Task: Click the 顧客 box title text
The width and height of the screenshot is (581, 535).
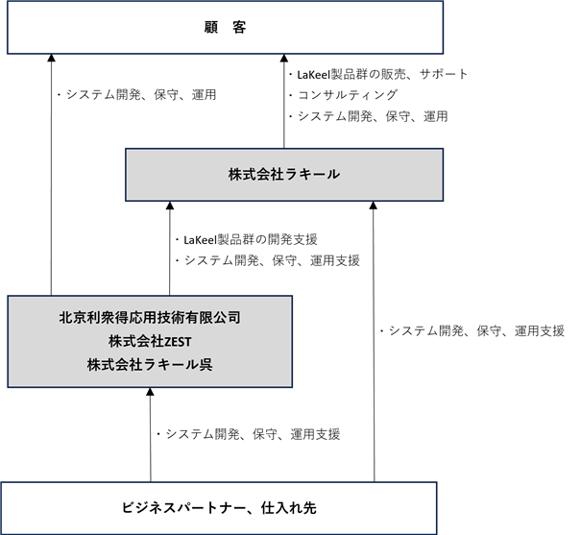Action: [x=225, y=27]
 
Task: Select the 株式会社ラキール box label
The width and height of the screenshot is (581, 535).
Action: [x=284, y=174]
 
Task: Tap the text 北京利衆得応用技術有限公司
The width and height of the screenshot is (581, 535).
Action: [x=150, y=317]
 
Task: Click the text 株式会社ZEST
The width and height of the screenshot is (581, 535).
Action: [x=150, y=341]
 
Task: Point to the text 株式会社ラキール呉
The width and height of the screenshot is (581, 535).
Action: [x=150, y=365]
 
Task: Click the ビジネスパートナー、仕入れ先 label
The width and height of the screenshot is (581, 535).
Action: [x=219, y=507]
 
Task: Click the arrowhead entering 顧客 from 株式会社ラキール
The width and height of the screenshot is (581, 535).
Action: [x=284, y=59]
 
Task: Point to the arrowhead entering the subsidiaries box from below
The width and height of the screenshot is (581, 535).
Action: [x=150, y=392]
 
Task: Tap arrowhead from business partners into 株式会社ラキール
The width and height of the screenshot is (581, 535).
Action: [x=374, y=206]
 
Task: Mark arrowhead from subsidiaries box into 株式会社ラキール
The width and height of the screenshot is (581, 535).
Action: [x=170, y=206]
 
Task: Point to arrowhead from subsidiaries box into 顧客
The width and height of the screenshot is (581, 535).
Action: [x=52, y=59]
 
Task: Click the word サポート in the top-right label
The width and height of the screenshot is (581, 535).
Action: [x=444, y=74]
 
